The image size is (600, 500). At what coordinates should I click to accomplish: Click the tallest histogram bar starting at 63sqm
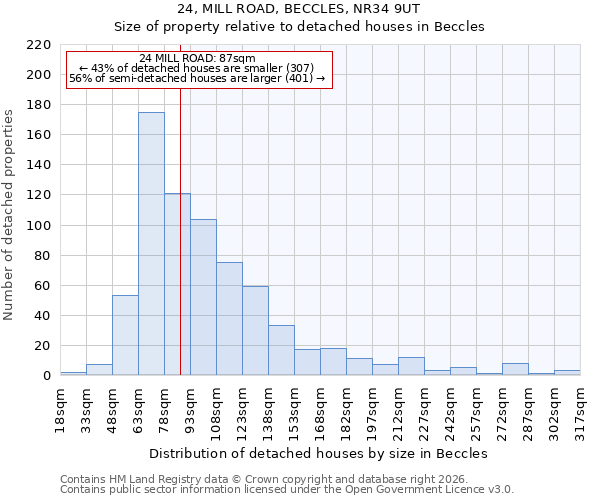(151, 244)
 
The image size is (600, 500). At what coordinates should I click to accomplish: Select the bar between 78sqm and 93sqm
(177, 285)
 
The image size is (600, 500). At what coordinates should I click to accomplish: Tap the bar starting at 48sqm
(125, 336)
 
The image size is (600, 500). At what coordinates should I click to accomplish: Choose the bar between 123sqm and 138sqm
(255, 331)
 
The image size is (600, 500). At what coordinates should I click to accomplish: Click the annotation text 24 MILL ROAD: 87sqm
(198, 58)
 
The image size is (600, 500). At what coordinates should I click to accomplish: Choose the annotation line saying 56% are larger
(197, 78)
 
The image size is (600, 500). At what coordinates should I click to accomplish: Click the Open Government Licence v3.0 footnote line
(286, 489)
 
